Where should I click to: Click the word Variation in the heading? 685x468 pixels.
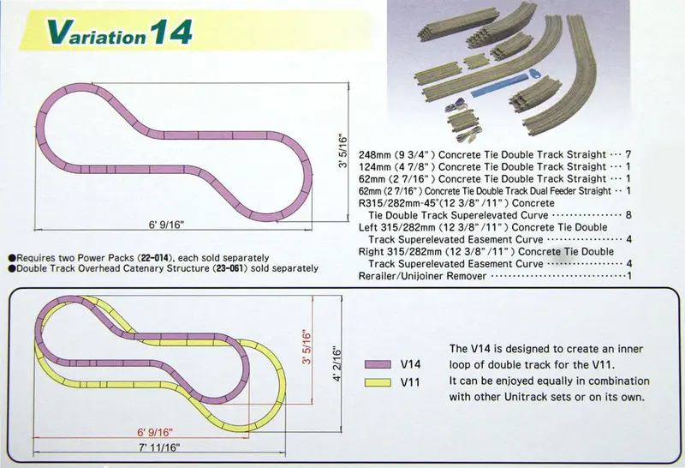coord(96,33)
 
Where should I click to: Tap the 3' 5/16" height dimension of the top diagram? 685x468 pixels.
coord(343,152)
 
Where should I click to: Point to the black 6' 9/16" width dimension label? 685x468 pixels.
coord(166,225)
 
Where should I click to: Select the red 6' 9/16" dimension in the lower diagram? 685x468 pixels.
coord(155,433)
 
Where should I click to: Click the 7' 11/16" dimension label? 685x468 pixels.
coord(159,447)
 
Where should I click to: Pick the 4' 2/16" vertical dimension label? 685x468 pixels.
coord(337,364)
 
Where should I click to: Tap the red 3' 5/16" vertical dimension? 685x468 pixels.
coord(307,348)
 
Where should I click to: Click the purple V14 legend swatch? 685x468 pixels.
coord(378,364)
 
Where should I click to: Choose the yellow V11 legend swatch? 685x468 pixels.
coord(378,382)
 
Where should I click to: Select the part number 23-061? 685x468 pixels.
coord(229,268)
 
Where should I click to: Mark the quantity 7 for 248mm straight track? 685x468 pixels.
coord(628,154)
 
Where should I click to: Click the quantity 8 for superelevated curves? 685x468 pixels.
coord(628,215)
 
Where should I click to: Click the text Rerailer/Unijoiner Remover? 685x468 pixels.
coord(422,276)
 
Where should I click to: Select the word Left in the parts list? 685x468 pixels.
coord(368,227)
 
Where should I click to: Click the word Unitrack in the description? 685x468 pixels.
coord(524,397)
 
